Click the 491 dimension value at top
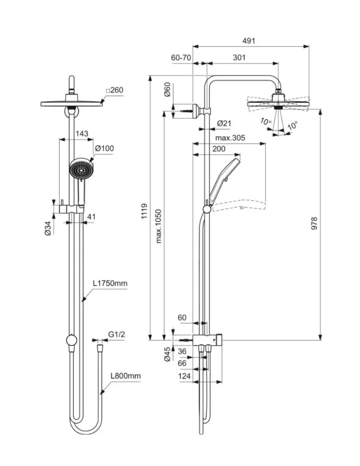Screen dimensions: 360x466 coord(248,40)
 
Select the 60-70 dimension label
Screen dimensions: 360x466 coord(181,58)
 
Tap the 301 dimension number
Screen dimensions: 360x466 coord(239,58)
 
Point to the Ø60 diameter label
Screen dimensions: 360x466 coord(167,90)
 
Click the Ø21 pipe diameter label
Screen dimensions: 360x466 coord(224,123)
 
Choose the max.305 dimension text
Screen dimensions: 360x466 coord(230,138)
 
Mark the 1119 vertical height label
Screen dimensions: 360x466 coord(144,211)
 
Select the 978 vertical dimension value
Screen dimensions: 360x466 coord(314,224)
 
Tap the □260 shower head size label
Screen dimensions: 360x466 coord(114,90)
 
